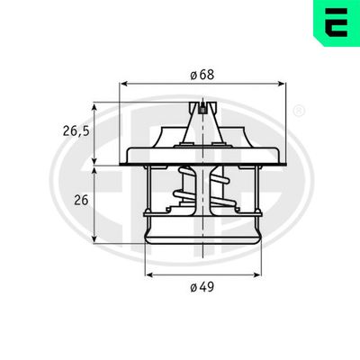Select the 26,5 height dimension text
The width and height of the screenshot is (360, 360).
pos(76,131)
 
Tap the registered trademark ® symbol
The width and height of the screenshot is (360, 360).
pos(299,111)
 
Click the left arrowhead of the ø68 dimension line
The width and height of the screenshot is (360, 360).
pos(124,82)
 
